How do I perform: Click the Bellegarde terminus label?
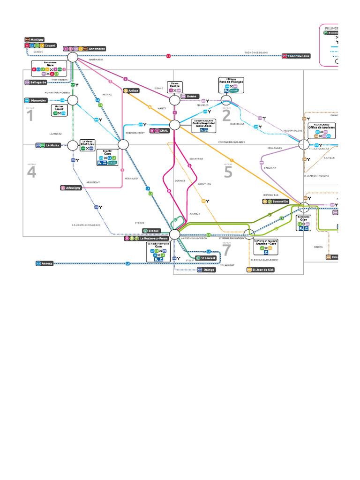pyautogui.click(x=37, y=82)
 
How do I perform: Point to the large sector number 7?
pyautogui.click(x=227, y=250)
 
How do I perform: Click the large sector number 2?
pyautogui.click(x=226, y=114)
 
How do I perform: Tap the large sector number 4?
pyautogui.click(x=31, y=172)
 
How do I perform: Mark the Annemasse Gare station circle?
pyautogui.click(x=72, y=57)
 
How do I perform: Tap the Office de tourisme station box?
pyautogui.click(x=321, y=129)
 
